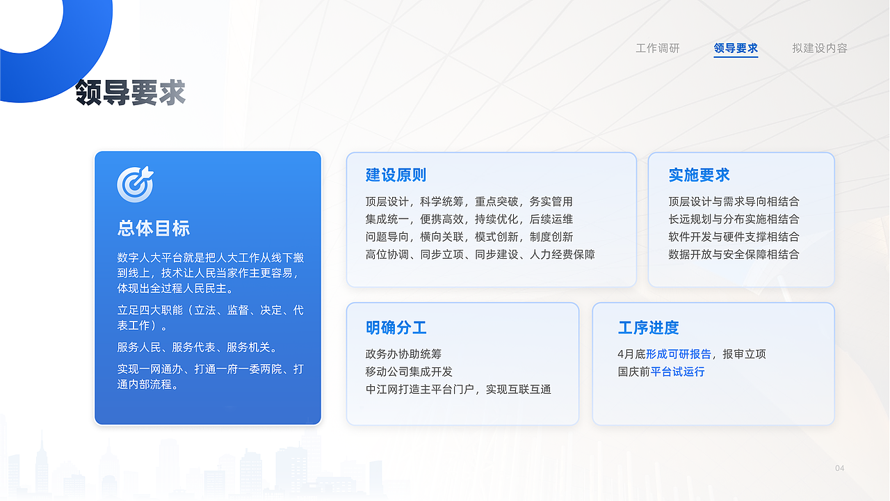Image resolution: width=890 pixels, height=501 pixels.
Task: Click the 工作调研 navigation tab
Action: coord(657,48)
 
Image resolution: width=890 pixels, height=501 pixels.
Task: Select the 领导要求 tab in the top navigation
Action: coord(736,48)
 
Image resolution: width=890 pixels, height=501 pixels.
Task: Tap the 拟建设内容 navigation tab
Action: coord(819,48)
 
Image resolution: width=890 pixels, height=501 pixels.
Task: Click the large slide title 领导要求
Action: coord(130,93)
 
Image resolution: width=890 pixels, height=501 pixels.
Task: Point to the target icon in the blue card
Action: coord(135,184)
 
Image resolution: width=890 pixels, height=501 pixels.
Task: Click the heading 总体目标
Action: coord(154,228)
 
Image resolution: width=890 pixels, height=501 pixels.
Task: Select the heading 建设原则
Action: coord(396,175)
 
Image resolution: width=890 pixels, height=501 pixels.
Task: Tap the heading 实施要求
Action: coord(699,175)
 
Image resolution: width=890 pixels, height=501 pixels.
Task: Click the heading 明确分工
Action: coord(396,328)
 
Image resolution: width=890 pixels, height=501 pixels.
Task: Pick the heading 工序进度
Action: coord(648,328)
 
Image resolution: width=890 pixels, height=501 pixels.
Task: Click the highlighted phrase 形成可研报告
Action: coord(679,354)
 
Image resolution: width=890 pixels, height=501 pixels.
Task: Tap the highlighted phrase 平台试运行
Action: coord(677,372)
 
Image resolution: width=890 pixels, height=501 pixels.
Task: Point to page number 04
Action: coord(839,468)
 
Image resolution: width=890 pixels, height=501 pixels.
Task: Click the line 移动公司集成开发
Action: coord(409,372)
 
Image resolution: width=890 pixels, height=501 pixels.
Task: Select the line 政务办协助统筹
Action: coord(403,354)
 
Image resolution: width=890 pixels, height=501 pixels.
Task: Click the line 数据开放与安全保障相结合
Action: coord(734,254)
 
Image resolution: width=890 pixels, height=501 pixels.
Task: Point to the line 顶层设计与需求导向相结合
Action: coord(734,202)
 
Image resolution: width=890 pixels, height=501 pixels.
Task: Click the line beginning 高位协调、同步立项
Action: coord(480,254)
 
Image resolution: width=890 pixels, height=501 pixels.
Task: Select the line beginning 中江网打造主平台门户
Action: coord(458,389)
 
